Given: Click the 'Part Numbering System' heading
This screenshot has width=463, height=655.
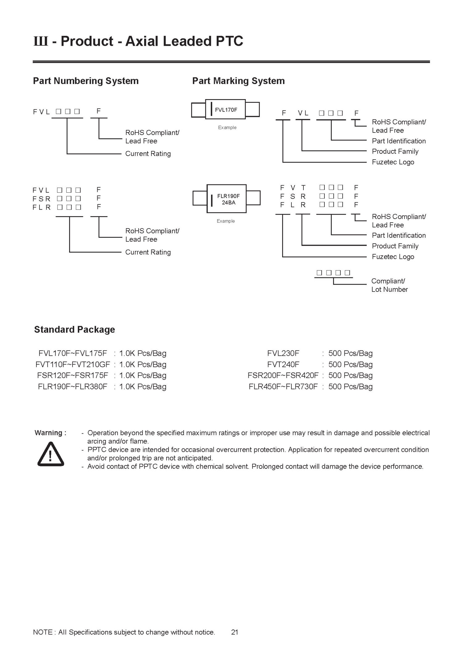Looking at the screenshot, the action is pyautogui.click(x=86, y=81).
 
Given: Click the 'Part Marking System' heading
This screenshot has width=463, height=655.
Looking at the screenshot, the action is pyautogui.click(x=238, y=81).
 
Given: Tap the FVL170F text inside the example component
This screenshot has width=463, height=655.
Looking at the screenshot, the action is pyautogui.click(x=226, y=110).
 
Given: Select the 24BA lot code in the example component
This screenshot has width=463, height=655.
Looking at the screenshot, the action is pyautogui.click(x=228, y=203).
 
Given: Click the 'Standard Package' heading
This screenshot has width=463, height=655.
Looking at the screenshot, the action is pyautogui.click(x=74, y=330).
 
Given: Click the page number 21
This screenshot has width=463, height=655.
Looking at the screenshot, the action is pyautogui.click(x=235, y=632).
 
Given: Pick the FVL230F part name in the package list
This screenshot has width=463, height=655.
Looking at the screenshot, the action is pyautogui.click(x=283, y=353).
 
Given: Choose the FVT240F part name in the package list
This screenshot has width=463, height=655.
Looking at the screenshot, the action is pyautogui.click(x=283, y=364).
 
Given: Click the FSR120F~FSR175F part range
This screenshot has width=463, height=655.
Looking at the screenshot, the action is pyautogui.click(x=73, y=376).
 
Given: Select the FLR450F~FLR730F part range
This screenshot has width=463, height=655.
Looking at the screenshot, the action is pyautogui.click(x=283, y=387).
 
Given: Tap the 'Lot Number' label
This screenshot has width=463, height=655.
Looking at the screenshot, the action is pyautogui.click(x=390, y=290).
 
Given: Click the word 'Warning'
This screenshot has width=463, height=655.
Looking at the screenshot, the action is pyautogui.click(x=48, y=433).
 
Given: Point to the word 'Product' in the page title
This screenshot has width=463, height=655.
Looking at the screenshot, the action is pyautogui.click(x=87, y=41).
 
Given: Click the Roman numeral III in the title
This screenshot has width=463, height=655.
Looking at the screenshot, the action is pyautogui.click(x=40, y=41).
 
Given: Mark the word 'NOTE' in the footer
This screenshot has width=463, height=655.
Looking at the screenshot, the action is pyautogui.click(x=43, y=632).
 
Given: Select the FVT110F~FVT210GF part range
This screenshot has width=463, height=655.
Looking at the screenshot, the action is pyautogui.click(x=73, y=364).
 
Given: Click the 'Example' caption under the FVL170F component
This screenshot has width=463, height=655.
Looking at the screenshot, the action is pyautogui.click(x=227, y=128).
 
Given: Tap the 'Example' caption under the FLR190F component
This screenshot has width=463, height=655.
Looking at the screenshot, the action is pyautogui.click(x=226, y=221).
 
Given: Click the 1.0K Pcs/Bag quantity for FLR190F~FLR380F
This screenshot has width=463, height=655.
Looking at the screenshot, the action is pyautogui.click(x=143, y=387).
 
